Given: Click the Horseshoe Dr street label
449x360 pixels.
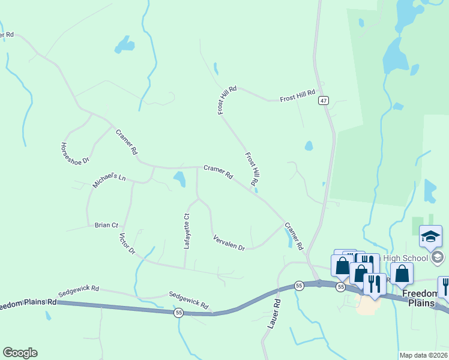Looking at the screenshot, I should tap(75, 153).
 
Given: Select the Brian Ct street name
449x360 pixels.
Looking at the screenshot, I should tap(106, 225).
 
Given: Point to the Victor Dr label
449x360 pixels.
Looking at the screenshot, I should tap(127, 244).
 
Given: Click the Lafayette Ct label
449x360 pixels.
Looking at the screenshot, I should tap(187, 232).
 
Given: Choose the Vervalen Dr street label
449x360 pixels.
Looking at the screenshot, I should tap(229, 243).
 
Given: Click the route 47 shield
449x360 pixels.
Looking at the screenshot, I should tap(324, 101).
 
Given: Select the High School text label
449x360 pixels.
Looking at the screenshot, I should tap(406, 258).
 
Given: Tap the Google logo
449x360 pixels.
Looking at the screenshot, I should tap(20, 353).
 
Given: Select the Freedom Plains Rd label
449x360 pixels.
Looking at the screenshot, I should tap(28, 304).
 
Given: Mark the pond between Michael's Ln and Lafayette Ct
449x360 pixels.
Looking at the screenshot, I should tap(179, 178).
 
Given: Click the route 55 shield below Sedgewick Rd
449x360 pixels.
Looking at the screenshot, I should tap(178, 313).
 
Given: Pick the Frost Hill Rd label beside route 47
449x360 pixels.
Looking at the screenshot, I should tap(297, 95).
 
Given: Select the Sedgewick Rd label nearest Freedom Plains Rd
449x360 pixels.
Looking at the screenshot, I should tap(78, 291).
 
